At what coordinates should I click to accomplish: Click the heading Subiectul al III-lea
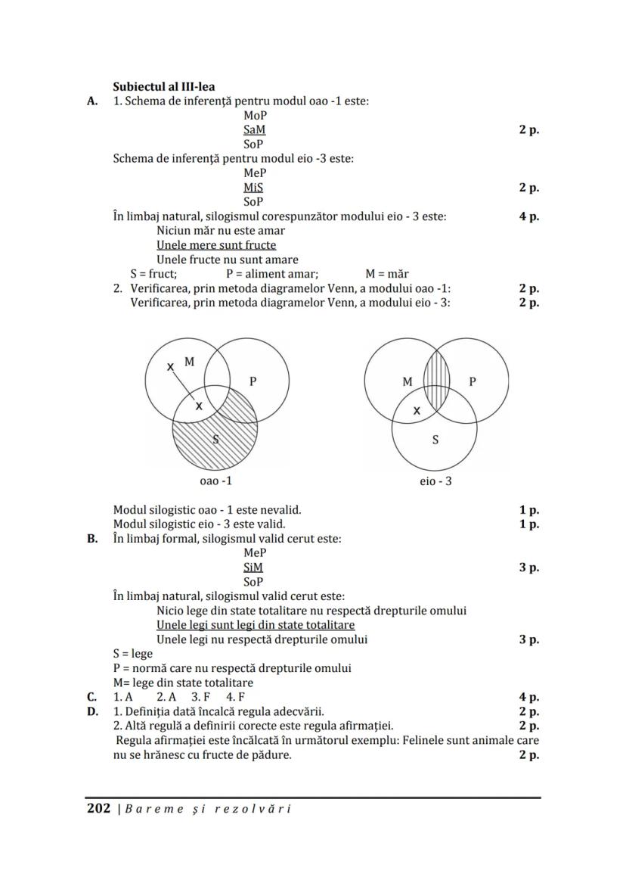pos(163,86)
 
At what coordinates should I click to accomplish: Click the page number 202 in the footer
pos(99,808)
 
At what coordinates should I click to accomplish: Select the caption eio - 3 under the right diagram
pos(435,481)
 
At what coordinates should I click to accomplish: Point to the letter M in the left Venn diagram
pos(189,362)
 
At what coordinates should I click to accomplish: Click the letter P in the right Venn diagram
pos(473,381)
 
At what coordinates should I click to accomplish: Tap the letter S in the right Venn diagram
pos(435,440)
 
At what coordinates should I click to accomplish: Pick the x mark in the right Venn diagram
pos(417,412)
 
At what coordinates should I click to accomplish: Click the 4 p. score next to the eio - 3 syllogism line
pos(528,216)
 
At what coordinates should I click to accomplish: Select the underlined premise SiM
pos(254,568)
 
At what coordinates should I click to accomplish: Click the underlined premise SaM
pos(255,130)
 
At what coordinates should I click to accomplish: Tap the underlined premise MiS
pos(254,188)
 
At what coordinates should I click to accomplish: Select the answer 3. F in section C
pos(200,697)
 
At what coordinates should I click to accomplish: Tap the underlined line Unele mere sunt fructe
pos(216,245)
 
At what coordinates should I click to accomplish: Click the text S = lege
pos(133,654)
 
